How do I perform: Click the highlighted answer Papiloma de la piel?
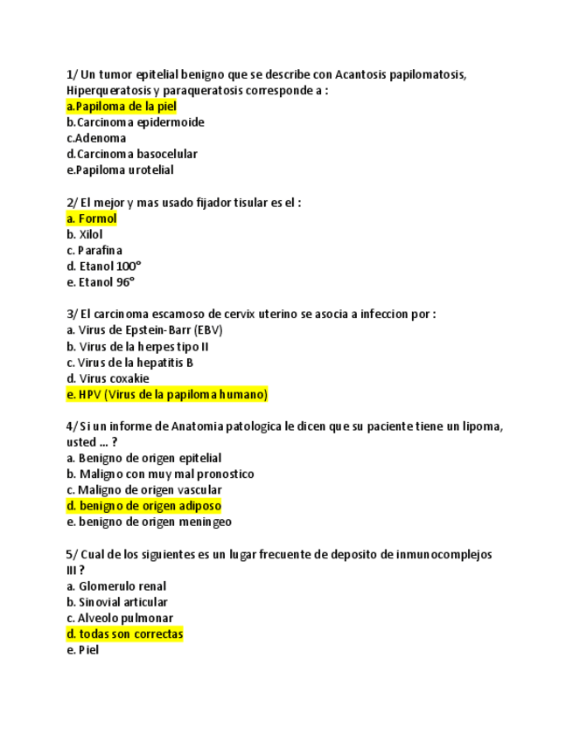pyautogui.click(x=122, y=107)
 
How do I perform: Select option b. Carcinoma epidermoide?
pyautogui.click(x=135, y=122)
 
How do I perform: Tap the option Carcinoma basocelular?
pyautogui.click(x=131, y=154)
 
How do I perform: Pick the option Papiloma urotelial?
pyautogui.click(x=120, y=170)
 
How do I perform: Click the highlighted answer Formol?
pyautogui.click(x=92, y=218)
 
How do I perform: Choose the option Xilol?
pyautogui.click(x=85, y=234)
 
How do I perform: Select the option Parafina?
pyautogui.click(x=94, y=251)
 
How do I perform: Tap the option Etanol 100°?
pyautogui.click(x=103, y=267)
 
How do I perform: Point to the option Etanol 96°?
pyautogui.click(x=101, y=282)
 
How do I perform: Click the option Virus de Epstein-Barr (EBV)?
pyautogui.click(x=144, y=330)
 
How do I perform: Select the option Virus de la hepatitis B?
pyautogui.click(x=129, y=363)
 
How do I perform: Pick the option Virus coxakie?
pyautogui.click(x=108, y=378)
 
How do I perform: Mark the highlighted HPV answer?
pyautogui.click(x=167, y=395)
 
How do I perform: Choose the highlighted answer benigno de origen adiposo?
pyautogui.click(x=143, y=506)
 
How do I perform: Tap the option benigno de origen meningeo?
pyautogui.click(x=149, y=522)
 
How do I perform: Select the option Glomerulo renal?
pyautogui.click(x=116, y=586)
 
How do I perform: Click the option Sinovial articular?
pyautogui.click(x=117, y=602)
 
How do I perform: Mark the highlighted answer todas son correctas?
pyautogui.click(x=124, y=634)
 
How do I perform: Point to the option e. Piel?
pyautogui.click(x=83, y=650)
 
